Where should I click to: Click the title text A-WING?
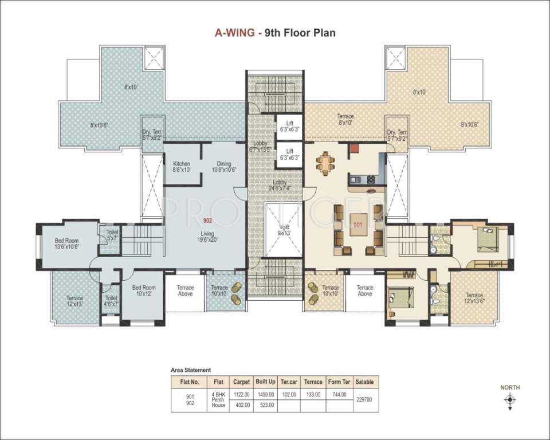[235, 33]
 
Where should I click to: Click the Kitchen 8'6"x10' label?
[182, 167]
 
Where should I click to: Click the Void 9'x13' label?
[284, 229]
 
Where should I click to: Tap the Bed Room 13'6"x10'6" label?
[66, 244]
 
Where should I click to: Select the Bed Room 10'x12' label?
[144, 291]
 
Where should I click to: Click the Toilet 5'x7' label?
[112, 235]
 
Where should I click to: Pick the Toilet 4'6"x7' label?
[111, 301]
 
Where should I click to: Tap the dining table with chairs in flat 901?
[325, 164]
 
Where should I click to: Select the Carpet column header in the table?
[241, 381]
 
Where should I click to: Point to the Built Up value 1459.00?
[265, 394]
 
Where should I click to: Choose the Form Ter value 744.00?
[337, 394]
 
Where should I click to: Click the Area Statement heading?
[191, 370]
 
